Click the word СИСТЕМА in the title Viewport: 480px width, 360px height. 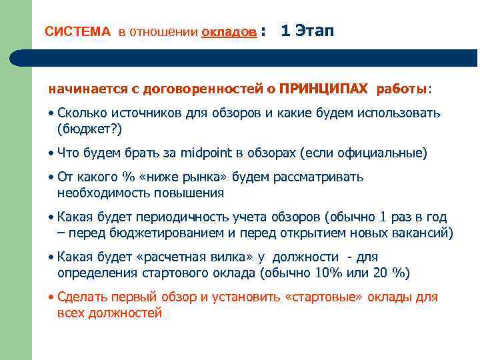pyautogui.click(x=77, y=32)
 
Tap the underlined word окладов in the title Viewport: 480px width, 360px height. pyautogui.click(x=229, y=32)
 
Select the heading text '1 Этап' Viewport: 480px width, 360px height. pyautogui.click(x=308, y=31)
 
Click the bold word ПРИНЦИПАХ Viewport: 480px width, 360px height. pyautogui.click(x=323, y=89)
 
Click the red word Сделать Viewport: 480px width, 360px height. pyautogui.click(x=83, y=298)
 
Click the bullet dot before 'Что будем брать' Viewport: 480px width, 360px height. pyautogui.click(x=52, y=153)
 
